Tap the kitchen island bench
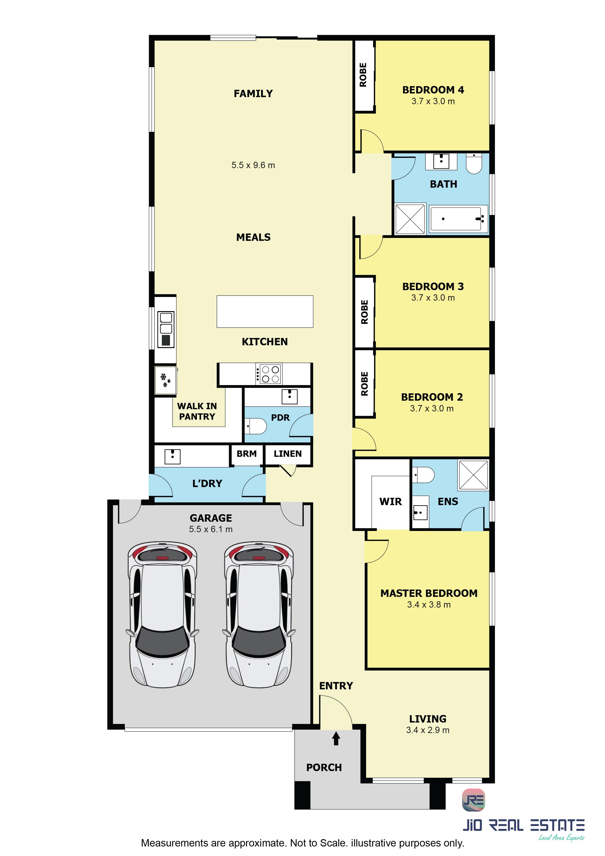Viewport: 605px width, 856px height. click(265, 311)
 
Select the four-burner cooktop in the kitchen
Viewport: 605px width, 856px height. click(268, 374)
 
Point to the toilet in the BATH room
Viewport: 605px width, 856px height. click(474, 164)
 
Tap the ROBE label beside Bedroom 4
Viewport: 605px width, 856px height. click(363, 75)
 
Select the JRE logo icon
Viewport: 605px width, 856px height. click(474, 800)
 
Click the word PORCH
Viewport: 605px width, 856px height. click(324, 767)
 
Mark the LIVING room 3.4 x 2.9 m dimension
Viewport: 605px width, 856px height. click(428, 730)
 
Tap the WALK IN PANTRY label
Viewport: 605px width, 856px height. click(197, 411)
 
